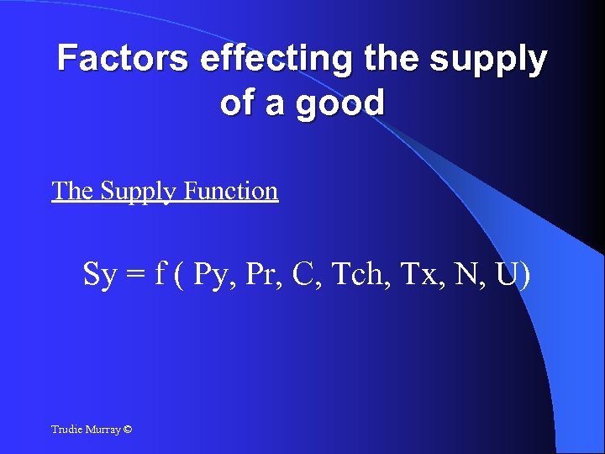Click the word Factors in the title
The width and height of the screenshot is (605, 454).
point(124,59)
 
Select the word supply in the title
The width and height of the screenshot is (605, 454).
point(487,61)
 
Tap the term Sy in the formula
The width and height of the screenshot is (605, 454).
point(100,275)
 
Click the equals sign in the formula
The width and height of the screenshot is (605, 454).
point(136,275)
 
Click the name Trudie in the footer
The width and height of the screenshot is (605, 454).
point(67,430)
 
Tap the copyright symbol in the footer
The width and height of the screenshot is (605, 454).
point(127,430)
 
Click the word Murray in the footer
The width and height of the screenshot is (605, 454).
point(103,430)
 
